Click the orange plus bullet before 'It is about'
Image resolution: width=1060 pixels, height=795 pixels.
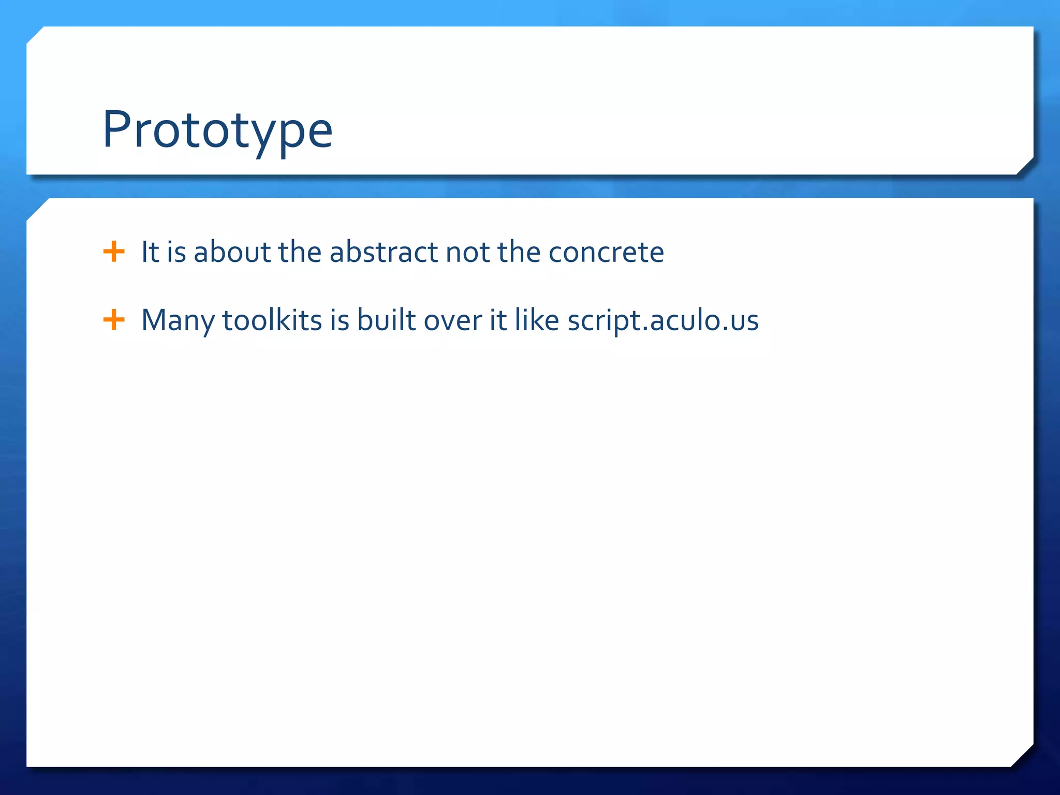[x=114, y=252]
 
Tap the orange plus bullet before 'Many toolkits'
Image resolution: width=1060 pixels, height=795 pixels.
[x=114, y=320]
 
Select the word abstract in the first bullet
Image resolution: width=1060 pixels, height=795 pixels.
[x=384, y=252]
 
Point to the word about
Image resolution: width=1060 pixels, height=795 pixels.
[x=232, y=252]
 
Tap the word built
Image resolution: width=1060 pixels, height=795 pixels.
[x=386, y=320]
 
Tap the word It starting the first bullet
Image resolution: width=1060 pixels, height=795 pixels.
[x=150, y=252]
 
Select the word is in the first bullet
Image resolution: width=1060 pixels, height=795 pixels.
[x=176, y=252]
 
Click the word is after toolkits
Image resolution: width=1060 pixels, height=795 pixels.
[x=340, y=320]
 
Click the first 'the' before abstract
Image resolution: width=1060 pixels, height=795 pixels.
[x=300, y=252]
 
